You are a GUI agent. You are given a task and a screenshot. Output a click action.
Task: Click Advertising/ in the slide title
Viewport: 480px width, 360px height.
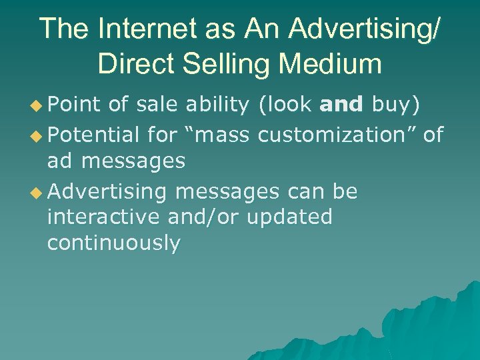365,29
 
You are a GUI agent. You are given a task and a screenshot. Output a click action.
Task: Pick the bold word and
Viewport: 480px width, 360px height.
342,105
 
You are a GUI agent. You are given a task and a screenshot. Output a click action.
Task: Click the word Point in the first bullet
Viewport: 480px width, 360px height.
73,105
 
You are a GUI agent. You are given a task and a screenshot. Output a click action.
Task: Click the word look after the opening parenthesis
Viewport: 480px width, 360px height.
287,105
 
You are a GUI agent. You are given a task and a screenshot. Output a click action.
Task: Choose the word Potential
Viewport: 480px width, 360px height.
94,135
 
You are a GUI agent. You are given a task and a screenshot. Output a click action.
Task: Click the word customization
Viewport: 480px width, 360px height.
347,135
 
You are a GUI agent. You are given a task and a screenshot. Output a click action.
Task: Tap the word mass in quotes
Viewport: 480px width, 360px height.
219,135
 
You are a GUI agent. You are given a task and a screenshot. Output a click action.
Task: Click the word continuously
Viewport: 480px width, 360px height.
113,243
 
